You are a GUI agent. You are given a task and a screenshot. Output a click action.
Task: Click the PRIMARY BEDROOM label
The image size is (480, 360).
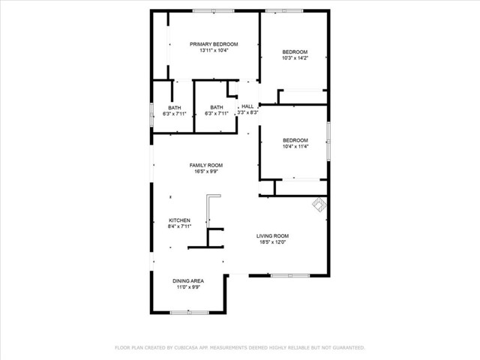point(214,44)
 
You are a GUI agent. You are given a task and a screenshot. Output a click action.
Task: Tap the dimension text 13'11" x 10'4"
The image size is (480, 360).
point(214,51)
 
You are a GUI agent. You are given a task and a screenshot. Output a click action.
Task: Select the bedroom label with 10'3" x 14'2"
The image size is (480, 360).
point(295,52)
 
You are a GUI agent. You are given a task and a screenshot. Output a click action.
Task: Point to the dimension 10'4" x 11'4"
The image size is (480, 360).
point(295,146)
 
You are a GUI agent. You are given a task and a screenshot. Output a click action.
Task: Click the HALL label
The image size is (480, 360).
point(247,106)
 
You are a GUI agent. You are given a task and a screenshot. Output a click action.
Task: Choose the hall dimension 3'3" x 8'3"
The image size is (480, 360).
point(247,113)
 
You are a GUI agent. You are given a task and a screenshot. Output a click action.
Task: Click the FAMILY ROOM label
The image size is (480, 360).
point(205,165)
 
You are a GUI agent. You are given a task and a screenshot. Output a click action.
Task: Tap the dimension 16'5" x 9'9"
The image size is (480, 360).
point(205,172)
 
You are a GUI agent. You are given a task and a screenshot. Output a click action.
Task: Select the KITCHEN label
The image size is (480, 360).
point(179,220)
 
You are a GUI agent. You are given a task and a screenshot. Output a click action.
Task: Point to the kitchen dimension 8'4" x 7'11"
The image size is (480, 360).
point(179,226)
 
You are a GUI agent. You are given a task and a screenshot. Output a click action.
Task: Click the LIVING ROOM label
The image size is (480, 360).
point(272,235)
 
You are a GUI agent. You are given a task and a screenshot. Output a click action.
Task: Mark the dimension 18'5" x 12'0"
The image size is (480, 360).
point(272,241)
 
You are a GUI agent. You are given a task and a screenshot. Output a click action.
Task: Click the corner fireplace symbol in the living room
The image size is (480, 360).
point(319,204)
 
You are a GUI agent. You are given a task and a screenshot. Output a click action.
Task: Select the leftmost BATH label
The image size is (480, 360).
point(174,107)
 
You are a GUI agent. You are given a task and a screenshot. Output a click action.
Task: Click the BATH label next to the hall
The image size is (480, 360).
point(216,107)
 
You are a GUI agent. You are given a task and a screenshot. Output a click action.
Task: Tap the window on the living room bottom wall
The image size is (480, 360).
point(289,275)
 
